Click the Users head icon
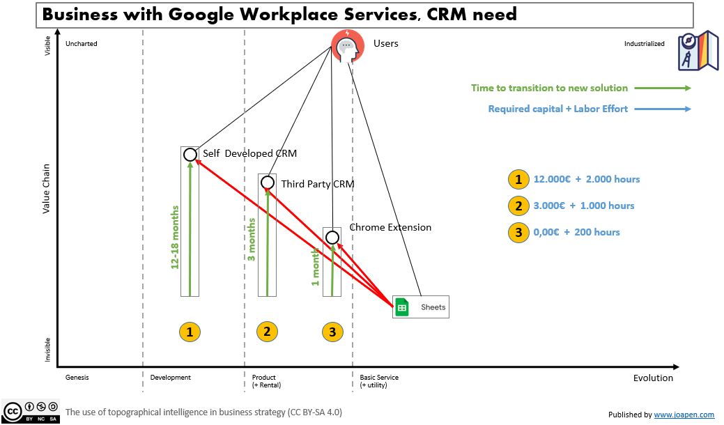pos(346,46)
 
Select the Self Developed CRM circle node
pos(190,155)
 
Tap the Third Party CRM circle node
pos(267,183)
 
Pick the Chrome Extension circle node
pos(332,238)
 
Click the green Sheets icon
pos(402,307)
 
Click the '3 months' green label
pos(252,239)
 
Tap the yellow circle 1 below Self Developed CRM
pos(190,332)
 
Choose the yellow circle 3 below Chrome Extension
pos(332,332)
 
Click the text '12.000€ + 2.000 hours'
pos(586,179)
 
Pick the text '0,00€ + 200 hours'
pos(576,232)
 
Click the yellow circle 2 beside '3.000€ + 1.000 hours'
pos(518,206)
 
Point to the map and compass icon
pos(698,50)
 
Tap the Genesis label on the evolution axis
pos(77,378)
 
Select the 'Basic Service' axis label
pos(379,378)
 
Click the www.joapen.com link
pos(684,415)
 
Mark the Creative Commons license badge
pos(29,411)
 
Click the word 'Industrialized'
pos(644,44)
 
